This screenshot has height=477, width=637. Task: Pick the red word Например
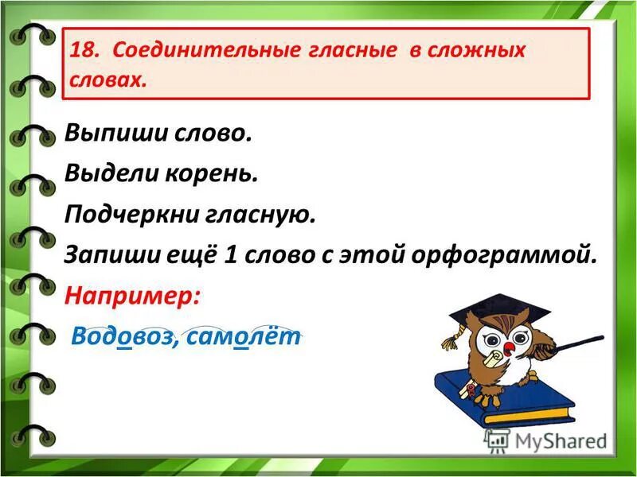coord(133,296)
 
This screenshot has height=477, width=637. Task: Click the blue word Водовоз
coord(119,336)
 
